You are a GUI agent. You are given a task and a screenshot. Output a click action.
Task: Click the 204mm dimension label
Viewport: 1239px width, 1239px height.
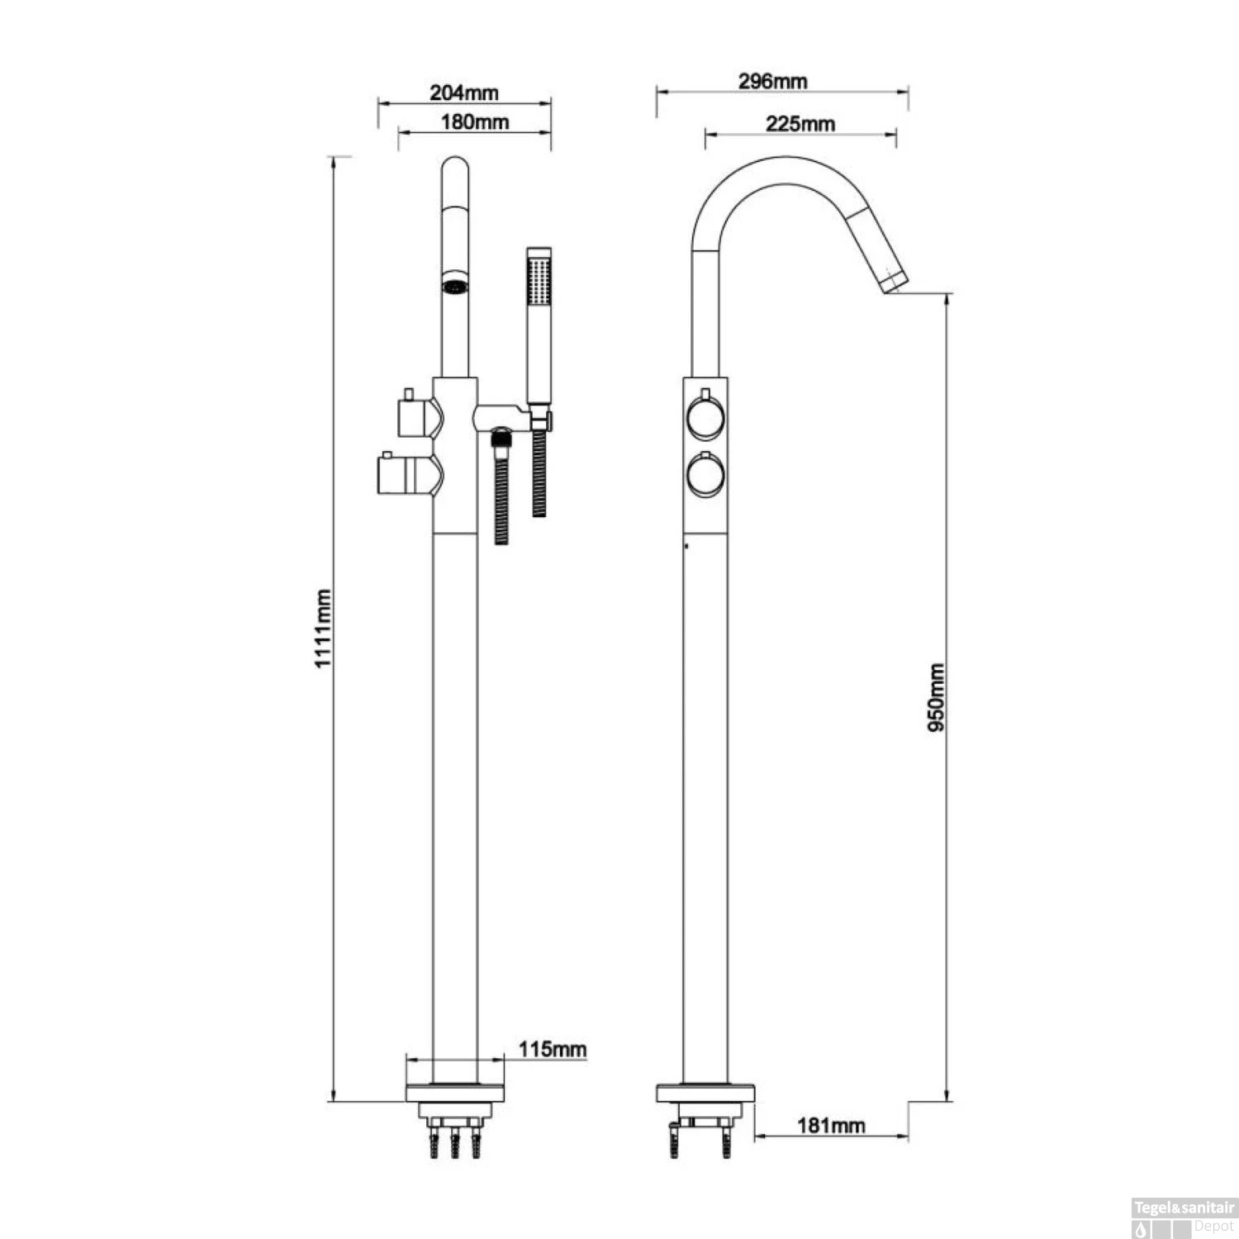(x=464, y=93)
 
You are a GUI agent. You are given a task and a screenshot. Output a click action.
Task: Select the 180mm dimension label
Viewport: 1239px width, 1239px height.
(x=474, y=122)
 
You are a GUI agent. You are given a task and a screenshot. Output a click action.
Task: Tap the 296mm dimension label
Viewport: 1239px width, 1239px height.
(x=773, y=81)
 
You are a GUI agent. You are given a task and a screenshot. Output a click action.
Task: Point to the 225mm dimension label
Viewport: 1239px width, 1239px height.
(x=800, y=124)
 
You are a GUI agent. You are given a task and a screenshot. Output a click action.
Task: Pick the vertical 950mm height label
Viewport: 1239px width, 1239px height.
(x=936, y=698)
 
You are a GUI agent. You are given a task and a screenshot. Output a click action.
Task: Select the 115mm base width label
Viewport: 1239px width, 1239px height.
(x=553, y=1050)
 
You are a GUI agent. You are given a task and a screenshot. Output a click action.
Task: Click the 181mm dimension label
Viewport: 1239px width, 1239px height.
(x=831, y=1125)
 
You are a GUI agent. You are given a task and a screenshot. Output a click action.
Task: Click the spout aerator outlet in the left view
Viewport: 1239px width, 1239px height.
(x=454, y=287)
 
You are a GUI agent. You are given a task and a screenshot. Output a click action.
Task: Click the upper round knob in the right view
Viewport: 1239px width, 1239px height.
(x=705, y=418)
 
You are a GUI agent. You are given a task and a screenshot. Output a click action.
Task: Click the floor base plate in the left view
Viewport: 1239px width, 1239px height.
(x=455, y=1094)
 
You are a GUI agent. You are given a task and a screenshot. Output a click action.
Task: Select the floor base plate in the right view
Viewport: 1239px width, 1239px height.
(x=705, y=1094)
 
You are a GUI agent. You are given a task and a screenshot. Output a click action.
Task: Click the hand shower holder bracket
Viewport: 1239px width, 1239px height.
(x=504, y=415)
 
